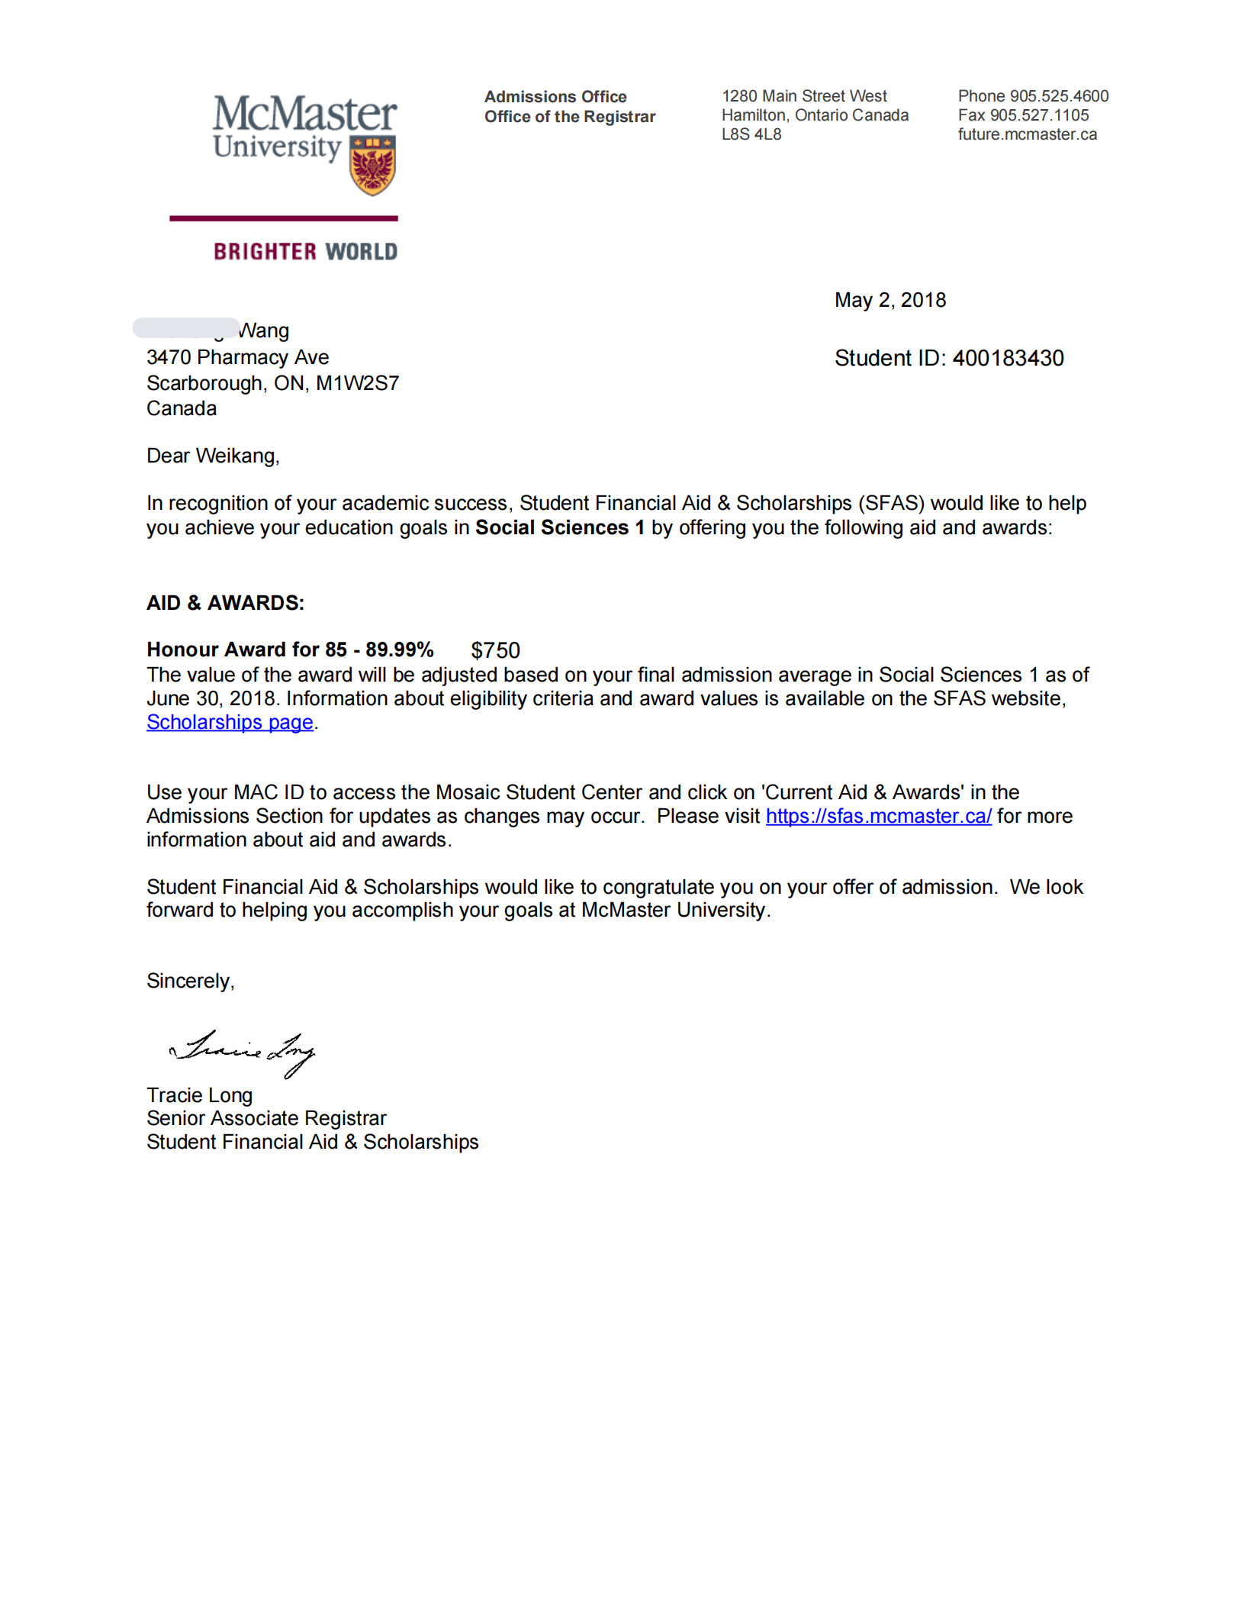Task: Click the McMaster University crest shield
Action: pos(372,165)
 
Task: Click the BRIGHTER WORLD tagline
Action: pos(305,252)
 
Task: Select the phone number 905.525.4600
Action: pos(1059,96)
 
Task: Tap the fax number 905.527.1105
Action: pos(1039,115)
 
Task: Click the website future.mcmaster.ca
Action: pos(1027,134)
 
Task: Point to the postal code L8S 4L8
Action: pos(751,134)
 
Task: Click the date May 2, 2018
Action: pos(890,300)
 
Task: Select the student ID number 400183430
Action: pos(1008,358)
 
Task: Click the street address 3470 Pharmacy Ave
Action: pos(237,357)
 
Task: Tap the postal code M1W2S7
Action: pos(357,383)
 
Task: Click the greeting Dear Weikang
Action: pos(213,456)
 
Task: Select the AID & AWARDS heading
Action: pos(225,603)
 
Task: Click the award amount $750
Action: pos(495,650)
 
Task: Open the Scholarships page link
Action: pos(230,722)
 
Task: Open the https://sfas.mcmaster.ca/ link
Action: pos(878,816)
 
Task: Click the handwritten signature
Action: pos(243,1052)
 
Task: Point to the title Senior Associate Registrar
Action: pos(266,1118)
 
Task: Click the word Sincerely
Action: pos(190,981)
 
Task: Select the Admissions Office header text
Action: pos(555,97)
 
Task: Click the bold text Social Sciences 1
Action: pos(559,527)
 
